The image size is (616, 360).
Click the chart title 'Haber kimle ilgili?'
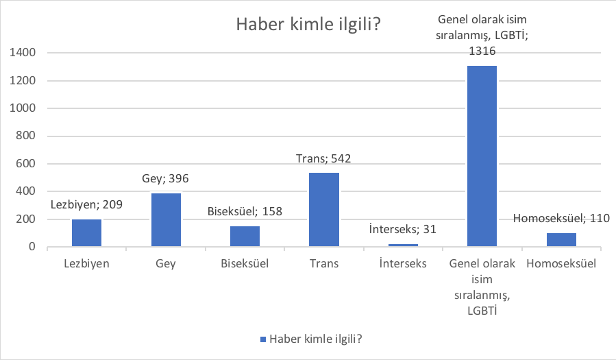pos(308,24)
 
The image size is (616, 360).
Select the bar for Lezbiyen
pos(86,233)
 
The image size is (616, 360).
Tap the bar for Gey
pos(166,220)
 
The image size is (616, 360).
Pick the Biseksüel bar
pos(245,236)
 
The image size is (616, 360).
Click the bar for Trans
pos(324,209)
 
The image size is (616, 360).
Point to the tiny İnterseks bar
pos(403,245)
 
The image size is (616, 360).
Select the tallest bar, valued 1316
pos(482,156)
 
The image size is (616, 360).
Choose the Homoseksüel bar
pos(561,239)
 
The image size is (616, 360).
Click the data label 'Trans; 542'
pos(324,159)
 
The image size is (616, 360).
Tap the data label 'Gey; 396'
pos(166,179)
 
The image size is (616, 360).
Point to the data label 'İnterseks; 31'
pos(403,229)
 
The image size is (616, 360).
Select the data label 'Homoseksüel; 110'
pos(561,219)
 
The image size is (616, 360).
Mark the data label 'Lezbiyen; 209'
pos(86,205)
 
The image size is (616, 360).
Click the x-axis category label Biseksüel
pos(245,263)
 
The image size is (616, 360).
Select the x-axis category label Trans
pos(324,263)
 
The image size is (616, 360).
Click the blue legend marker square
pos(263,339)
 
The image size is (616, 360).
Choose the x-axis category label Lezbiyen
pos(86,263)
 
